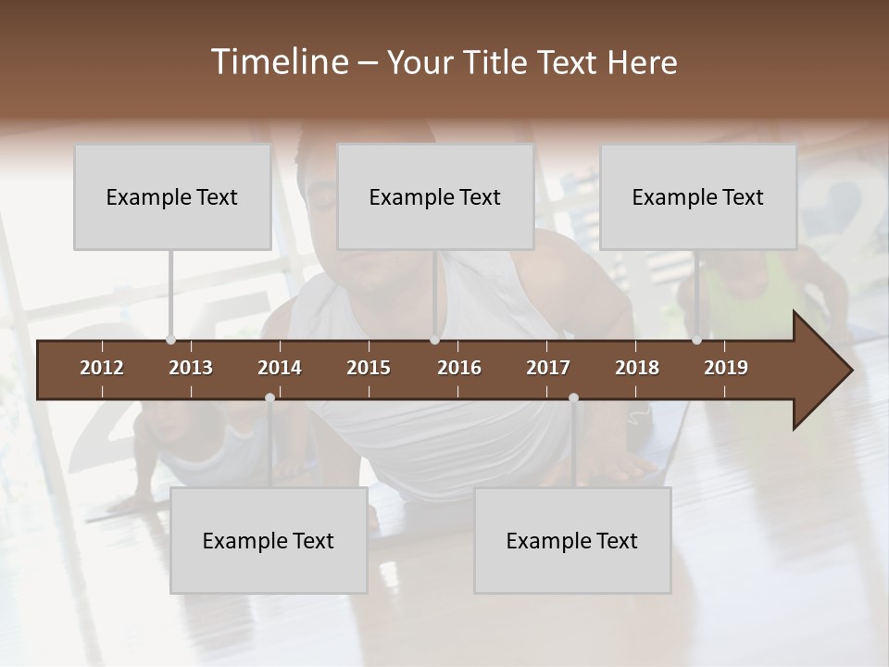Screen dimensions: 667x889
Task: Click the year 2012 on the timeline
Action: click(102, 368)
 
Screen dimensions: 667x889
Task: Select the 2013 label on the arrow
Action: click(191, 368)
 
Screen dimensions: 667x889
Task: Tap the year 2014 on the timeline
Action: click(280, 368)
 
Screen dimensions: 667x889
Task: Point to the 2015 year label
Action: click(369, 368)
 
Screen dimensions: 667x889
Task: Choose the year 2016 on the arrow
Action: click(459, 368)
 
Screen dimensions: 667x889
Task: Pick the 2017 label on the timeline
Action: click(548, 368)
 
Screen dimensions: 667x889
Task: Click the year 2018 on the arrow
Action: click(637, 368)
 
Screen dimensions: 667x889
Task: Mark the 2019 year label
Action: click(726, 368)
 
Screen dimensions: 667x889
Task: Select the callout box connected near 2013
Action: click(172, 197)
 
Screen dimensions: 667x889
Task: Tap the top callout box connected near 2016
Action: click(435, 197)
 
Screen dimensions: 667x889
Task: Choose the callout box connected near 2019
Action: click(698, 197)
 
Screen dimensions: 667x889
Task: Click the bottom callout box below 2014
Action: click(269, 541)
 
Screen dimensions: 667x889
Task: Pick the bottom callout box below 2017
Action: click(572, 541)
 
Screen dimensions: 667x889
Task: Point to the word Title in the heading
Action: click(498, 63)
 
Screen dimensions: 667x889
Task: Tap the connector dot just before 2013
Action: click(170, 340)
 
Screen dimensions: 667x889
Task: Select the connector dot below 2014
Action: click(269, 398)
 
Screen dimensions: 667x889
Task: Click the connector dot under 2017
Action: click(573, 398)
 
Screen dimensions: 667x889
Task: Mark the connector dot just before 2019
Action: click(696, 340)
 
